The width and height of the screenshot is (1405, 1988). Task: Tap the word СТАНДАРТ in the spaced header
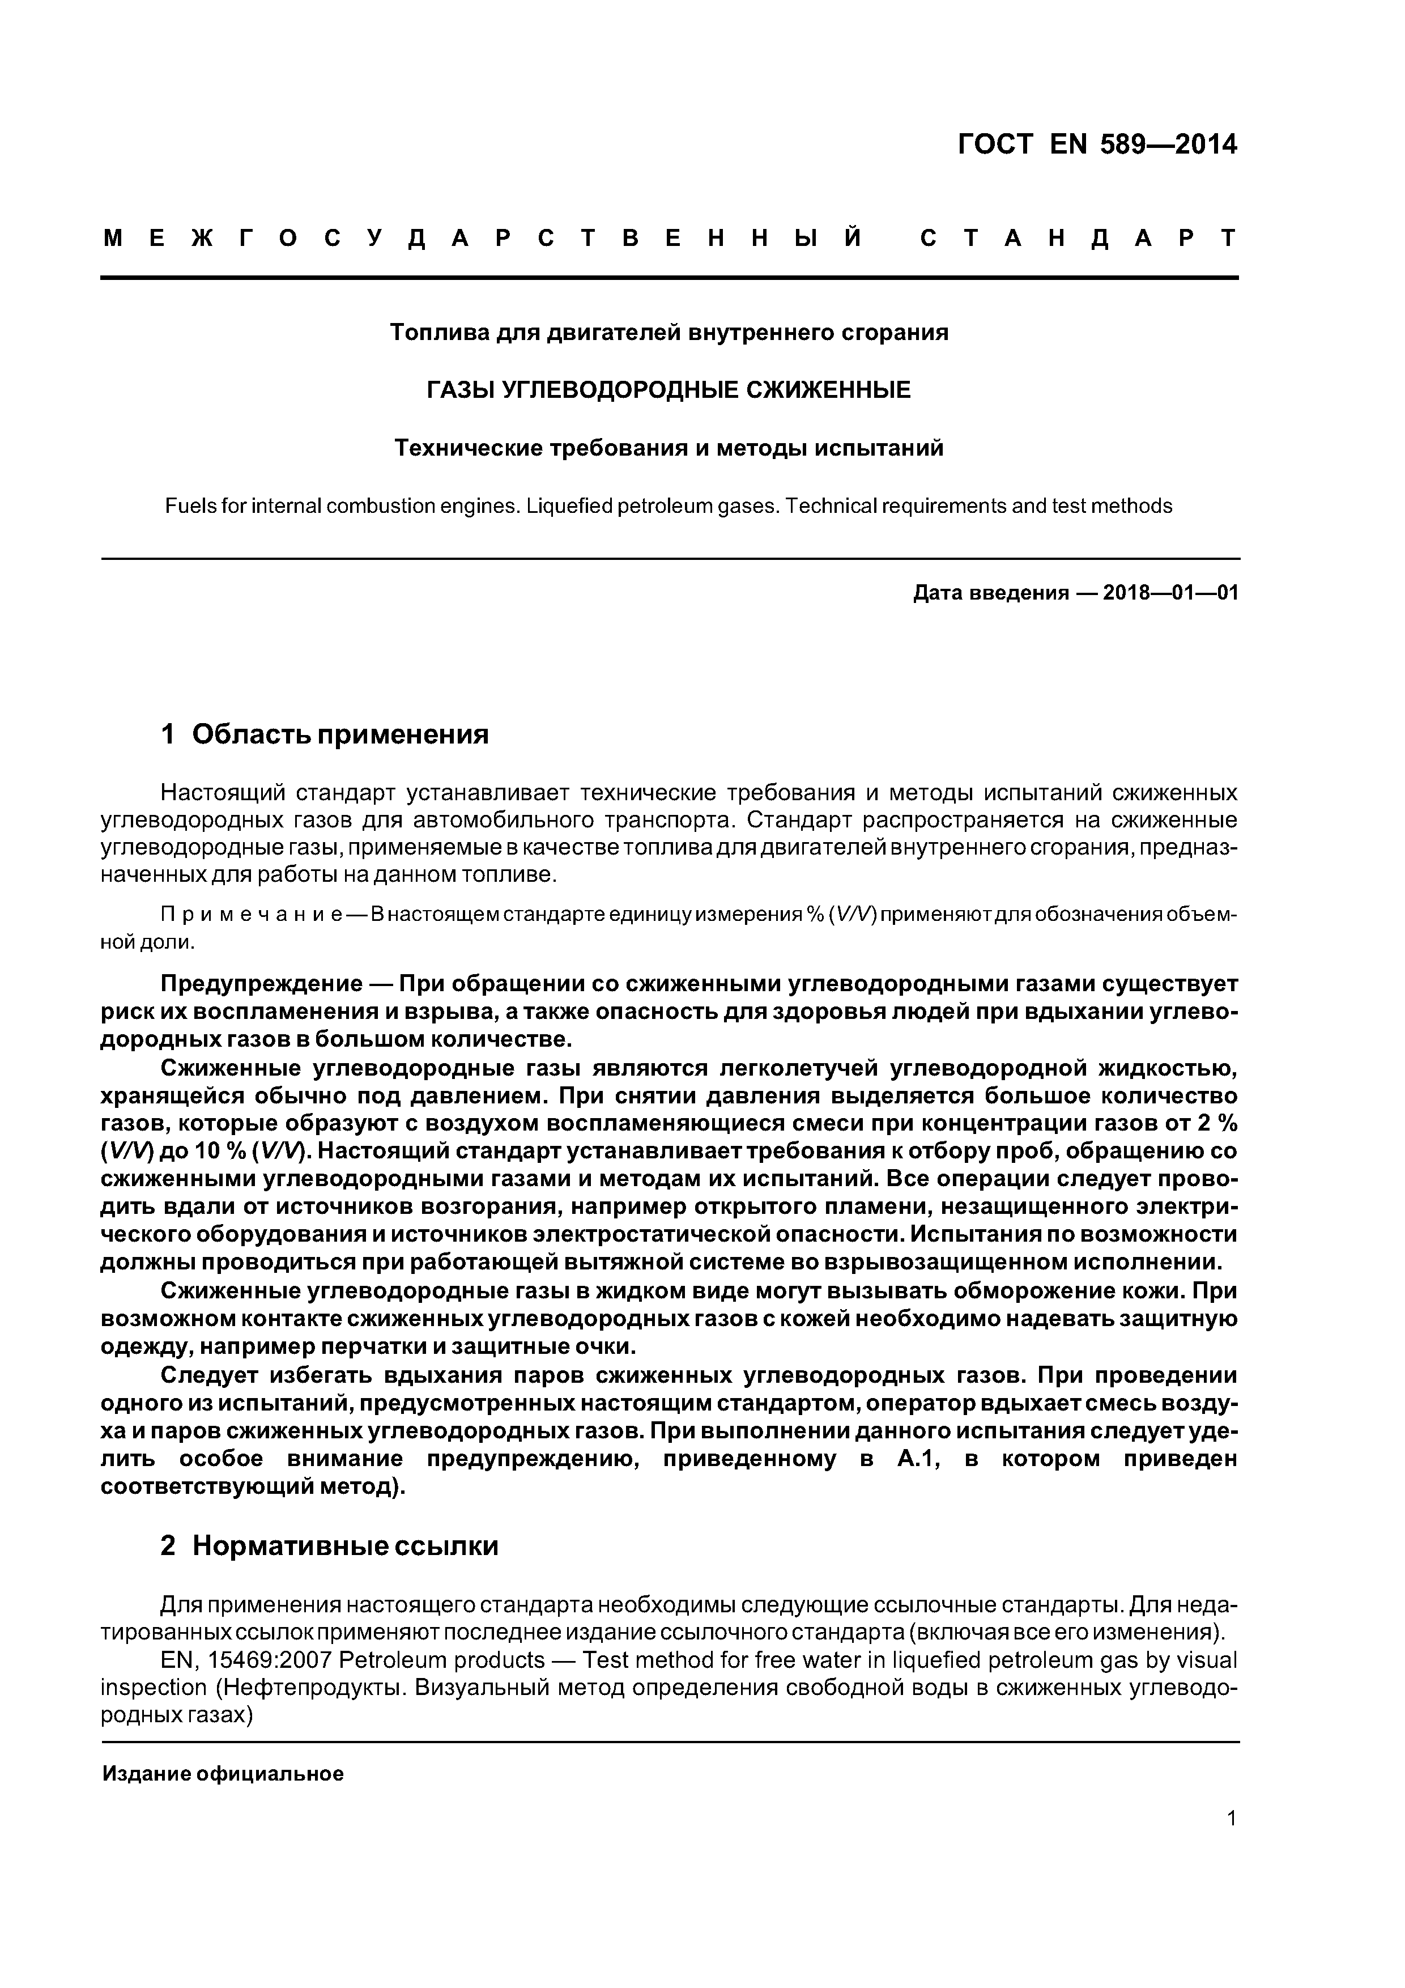(1078, 238)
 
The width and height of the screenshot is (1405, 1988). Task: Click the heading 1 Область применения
(325, 734)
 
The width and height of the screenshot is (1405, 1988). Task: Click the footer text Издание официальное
(223, 1774)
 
